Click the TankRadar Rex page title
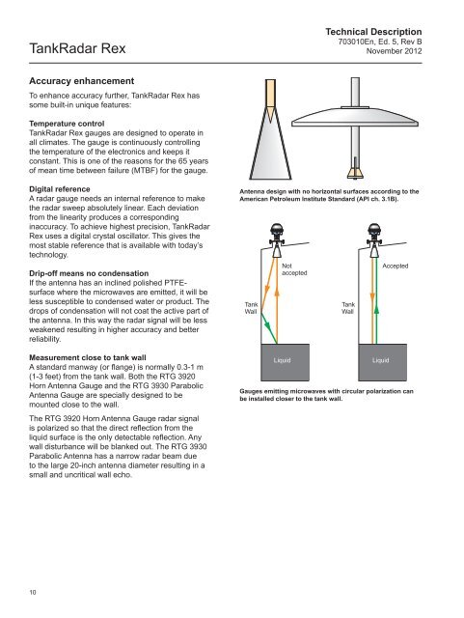coord(77,48)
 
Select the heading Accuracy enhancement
coord(82,81)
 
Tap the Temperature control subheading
coord(67,124)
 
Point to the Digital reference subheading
coord(60,189)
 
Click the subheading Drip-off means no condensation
coord(89,273)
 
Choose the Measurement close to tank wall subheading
coord(88,357)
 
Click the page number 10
coord(32,592)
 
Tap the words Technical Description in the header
coord(373,32)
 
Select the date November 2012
coord(394,51)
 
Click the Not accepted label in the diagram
coord(294,269)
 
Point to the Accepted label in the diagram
coord(396,267)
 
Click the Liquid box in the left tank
coord(286,362)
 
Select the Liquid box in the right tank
coord(382,362)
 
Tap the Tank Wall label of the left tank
coord(251,308)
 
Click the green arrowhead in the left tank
coord(267,325)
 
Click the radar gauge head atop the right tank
coord(374,233)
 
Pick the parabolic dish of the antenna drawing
coord(355,117)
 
